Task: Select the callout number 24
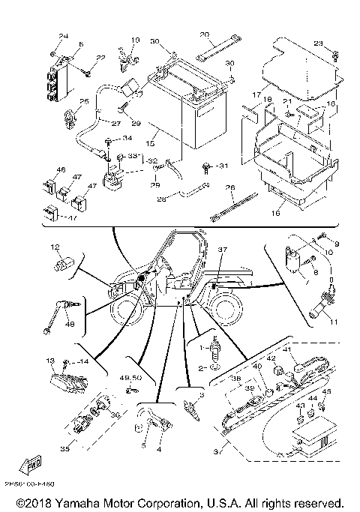[63, 37]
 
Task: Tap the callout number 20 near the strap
[204, 35]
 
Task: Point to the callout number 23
[317, 43]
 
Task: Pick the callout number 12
[55, 247]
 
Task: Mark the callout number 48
[70, 323]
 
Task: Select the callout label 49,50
[130, 379]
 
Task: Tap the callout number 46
[61, 170]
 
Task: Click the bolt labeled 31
[205, 166]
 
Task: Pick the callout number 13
[52, 361]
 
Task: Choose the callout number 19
[136, 39]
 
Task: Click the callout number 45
[326, 391]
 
